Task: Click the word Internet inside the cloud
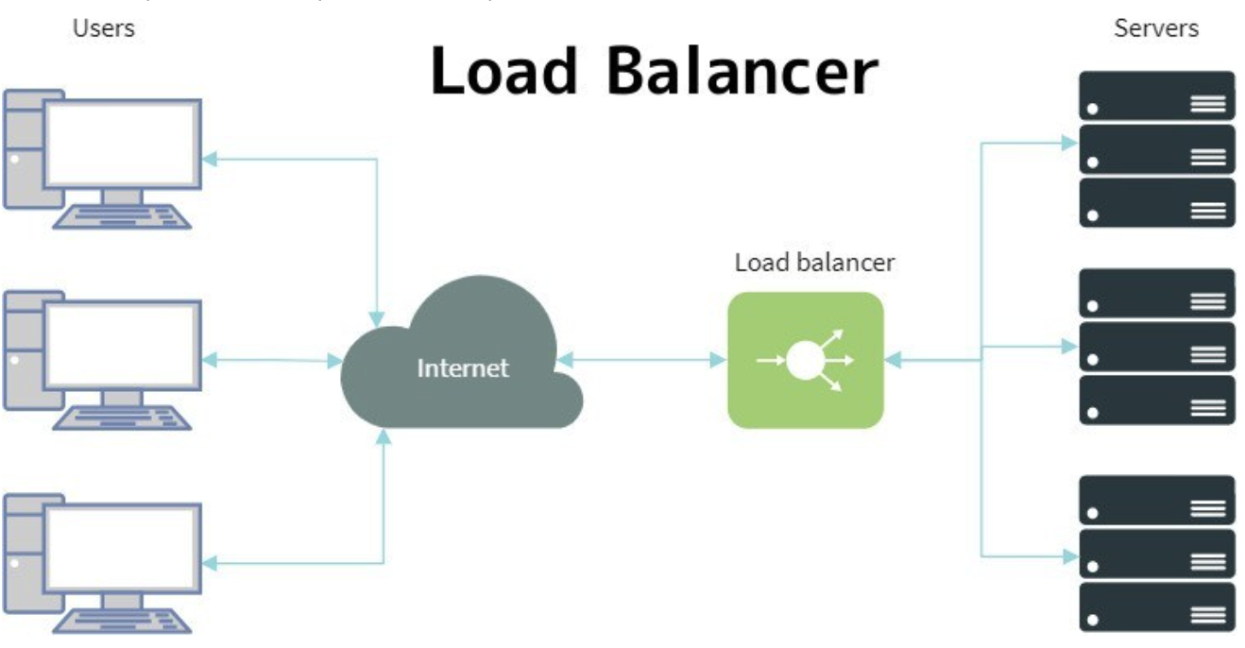[463, 367]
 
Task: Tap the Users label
[104, 28]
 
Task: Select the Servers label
[1156, 28]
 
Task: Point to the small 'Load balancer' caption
[814, 263]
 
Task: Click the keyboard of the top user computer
[123, 218]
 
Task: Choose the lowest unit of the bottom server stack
[1156, 606]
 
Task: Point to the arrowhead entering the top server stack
[1069, 144]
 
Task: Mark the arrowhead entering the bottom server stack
[1069, 556]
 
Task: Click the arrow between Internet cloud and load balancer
[642, 360]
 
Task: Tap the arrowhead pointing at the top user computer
[211, 159]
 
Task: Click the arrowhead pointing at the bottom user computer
[211, 564]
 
